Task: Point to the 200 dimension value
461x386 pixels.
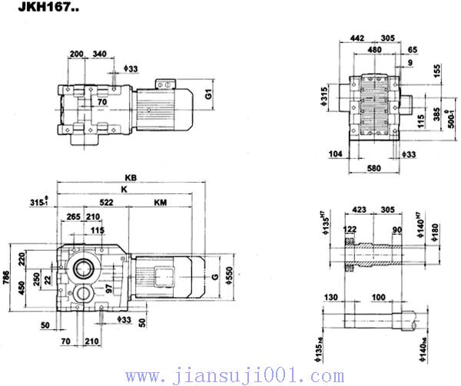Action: tap(77, 54)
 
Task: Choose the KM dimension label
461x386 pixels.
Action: tap(160, 203)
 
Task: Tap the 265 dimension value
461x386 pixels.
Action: tap(74, 217)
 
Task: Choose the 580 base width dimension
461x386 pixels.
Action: tap(373, 168)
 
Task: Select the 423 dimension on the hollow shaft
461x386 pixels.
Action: tap(359, 206)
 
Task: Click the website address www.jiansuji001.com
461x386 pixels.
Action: tap(231, 375)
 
